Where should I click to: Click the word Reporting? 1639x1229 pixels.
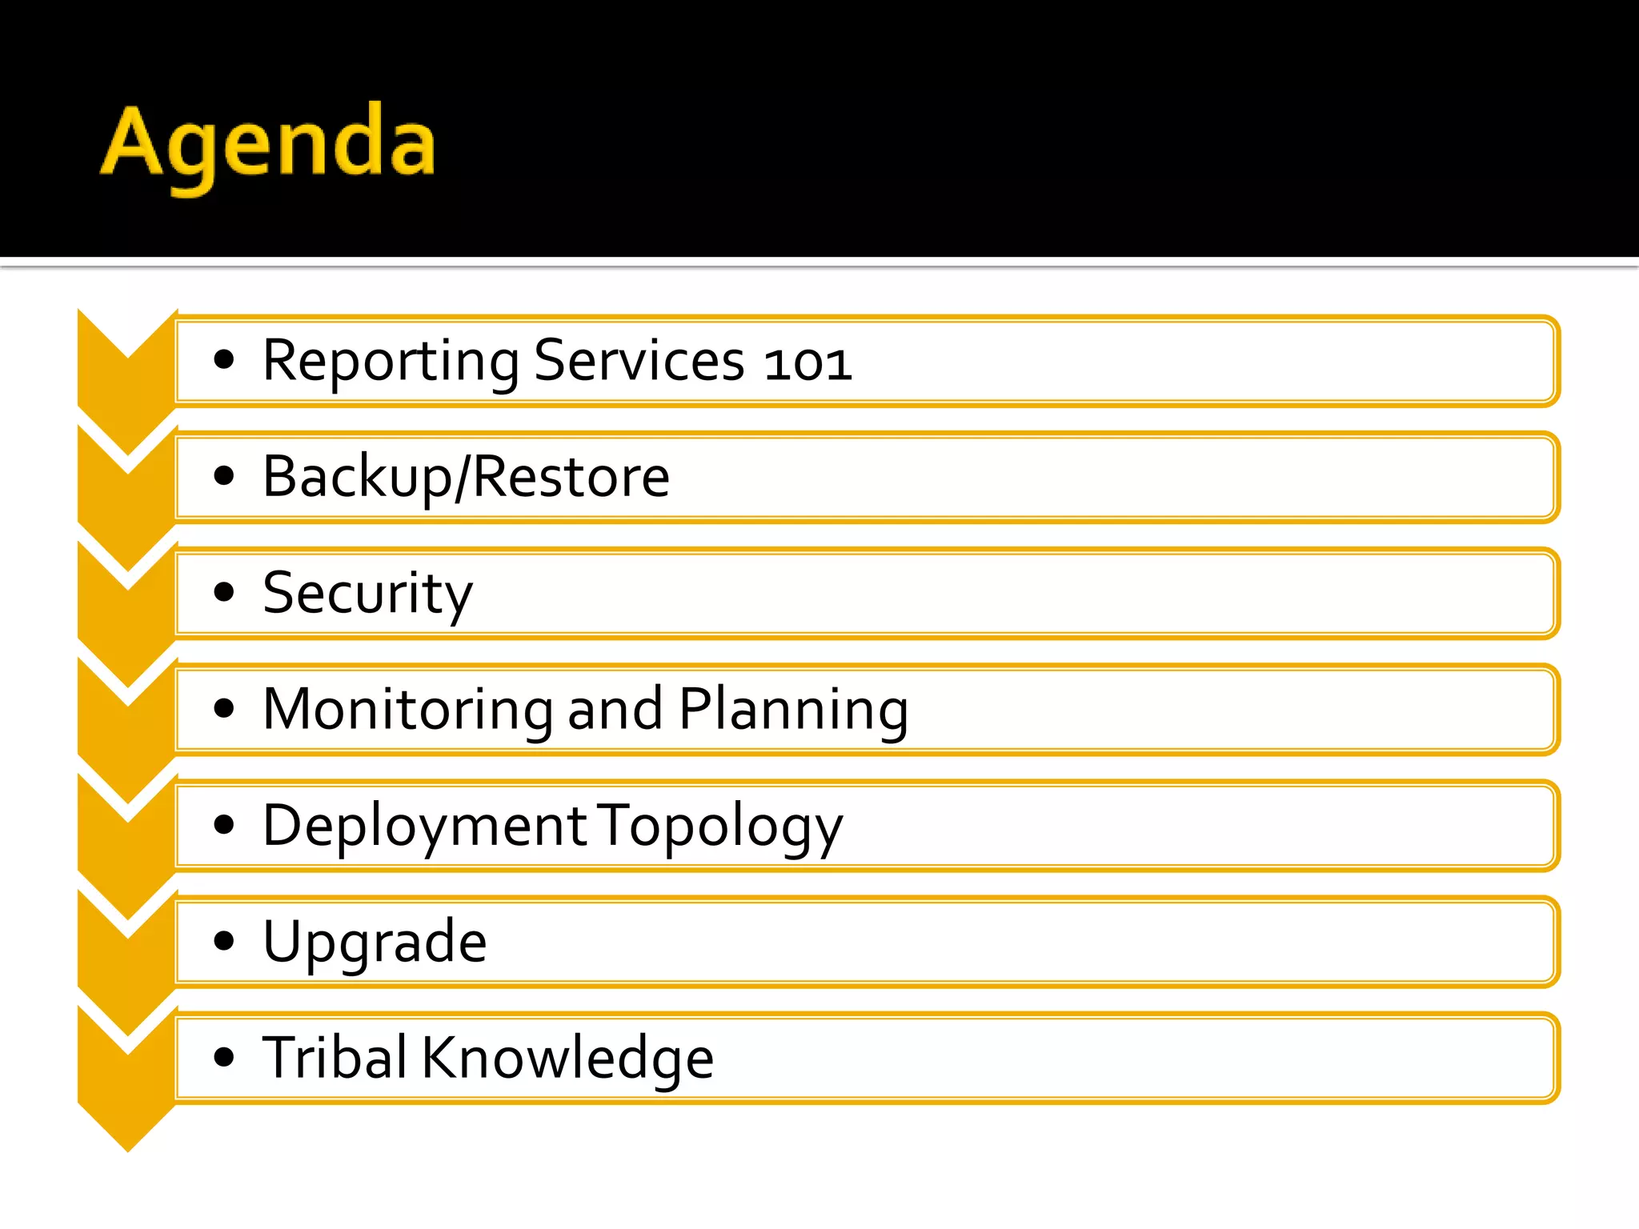(x=391, y=362)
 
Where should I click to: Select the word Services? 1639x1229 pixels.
(x=639, y=362)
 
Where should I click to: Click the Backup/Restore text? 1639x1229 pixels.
(x=466, y=478)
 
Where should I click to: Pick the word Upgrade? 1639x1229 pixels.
(x=375, y=943)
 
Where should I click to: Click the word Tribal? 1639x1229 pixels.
(x=335, y=1058)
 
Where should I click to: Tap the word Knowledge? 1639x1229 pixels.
(x=567, y=1058)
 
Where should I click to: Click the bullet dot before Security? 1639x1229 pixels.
(x=224, y=592)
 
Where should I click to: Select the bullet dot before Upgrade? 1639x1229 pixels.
(x=224, y=941)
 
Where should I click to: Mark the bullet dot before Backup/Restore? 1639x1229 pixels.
(x=224, y=476)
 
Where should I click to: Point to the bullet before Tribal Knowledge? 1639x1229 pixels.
(x=224, y=1057)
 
